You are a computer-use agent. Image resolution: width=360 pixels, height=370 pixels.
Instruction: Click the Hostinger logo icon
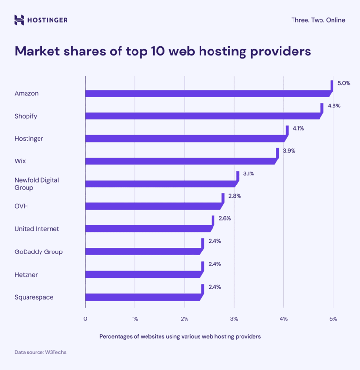tap(19, 20)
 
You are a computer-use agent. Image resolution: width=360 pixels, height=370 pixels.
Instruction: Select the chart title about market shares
tap(163, 51)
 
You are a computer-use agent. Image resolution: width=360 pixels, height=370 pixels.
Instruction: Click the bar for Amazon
tap(207, 93)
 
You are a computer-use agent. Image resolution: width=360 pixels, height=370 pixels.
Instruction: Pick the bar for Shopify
tap(202, 116)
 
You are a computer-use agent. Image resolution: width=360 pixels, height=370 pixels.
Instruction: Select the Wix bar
tap(181, 161)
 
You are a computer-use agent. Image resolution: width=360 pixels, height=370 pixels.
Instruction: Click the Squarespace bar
tap(143, 297)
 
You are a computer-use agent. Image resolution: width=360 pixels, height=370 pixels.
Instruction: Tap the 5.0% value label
tap(344, 83)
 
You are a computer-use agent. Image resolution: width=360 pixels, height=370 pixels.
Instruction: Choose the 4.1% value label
tap(298, 128)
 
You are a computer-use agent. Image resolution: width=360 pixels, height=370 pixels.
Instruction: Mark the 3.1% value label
tap(249, 173)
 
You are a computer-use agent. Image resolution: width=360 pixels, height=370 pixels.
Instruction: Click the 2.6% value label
tap(225, 218)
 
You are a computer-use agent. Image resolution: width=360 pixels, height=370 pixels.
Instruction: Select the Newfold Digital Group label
tap(37, 184)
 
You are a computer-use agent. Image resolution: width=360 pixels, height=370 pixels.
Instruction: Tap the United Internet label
tap(37, 229)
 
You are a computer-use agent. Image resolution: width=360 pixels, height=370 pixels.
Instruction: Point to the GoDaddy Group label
tap(39, 251)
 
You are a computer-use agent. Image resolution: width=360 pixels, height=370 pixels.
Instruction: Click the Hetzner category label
tap(26, 274)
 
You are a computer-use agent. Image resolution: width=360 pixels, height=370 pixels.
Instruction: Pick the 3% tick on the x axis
tap(234, 318)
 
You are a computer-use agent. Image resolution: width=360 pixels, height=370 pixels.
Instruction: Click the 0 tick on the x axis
tap(85, 318)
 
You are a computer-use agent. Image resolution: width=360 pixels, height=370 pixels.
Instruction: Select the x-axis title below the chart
tap(180, 336)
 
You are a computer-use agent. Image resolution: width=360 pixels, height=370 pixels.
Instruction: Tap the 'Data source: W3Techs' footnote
tap(40, 352)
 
